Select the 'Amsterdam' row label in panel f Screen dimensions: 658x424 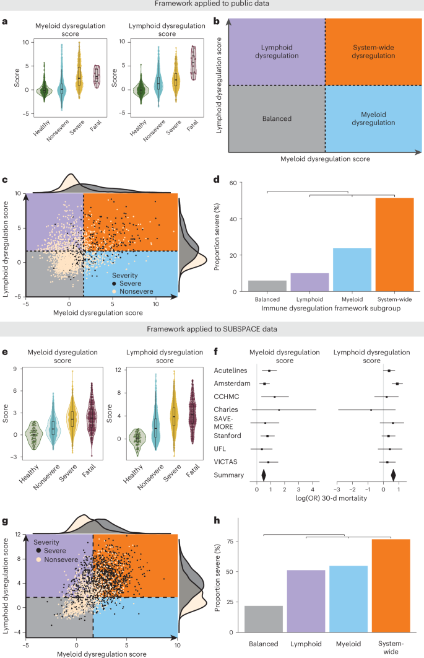[228, 384]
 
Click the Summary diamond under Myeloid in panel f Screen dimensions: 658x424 [264, 475]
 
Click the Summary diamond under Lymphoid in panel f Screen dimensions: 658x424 [394, 475]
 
